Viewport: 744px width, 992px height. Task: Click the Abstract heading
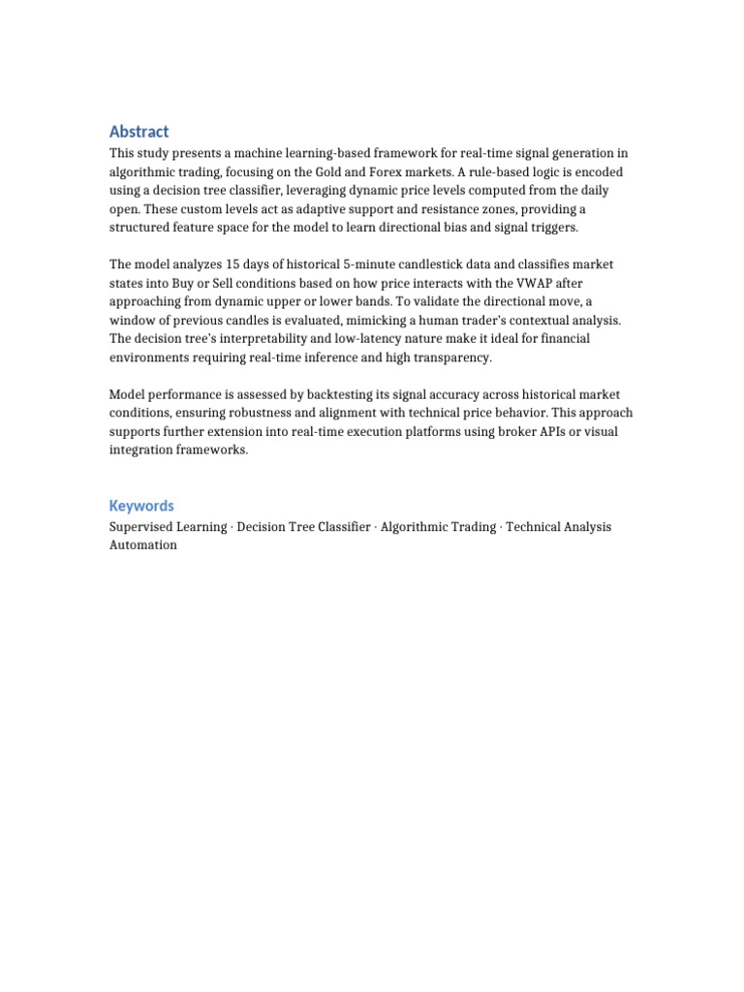[x=139, y=132]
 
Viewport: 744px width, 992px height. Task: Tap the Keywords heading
[x=141, y=506]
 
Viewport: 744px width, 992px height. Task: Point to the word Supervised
[x=142, y=527]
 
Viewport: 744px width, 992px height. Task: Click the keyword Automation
[x=143, y=545]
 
